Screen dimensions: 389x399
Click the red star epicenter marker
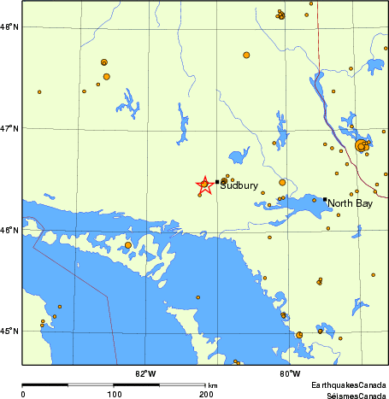pos(204,185)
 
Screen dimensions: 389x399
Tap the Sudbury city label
pos(239,185)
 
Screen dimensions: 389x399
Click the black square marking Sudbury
pos(217,181)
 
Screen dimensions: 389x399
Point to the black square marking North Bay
pos(325,200)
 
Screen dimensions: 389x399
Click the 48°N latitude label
pos(9,27)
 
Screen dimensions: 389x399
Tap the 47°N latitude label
pos(9,128)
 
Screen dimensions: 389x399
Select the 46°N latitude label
pos(9,229)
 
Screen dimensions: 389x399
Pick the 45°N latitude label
pos(9,330)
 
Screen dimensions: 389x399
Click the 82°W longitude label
pos(145,373)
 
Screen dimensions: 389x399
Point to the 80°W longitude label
pos(290,373)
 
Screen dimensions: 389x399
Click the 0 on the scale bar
pos(22,394)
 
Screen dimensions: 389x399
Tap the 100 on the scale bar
pos(114,394)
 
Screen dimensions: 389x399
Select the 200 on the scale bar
pos(206,394)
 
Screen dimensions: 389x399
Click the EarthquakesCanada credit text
pos(349,386)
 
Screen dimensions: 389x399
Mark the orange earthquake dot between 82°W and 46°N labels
pos(128,245)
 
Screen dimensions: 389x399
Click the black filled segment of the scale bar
pos(68,385)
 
